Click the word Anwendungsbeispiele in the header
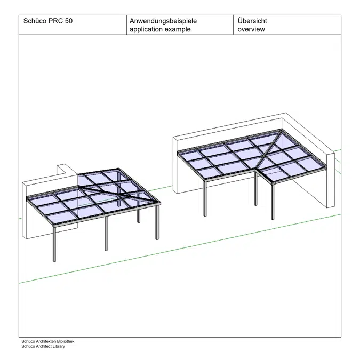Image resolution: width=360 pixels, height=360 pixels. (x=163, y=21)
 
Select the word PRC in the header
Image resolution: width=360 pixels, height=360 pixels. (x=55, y=21)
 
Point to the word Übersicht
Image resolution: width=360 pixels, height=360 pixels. (x=252, y=21)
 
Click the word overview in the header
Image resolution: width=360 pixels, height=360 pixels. (x=251, y=29)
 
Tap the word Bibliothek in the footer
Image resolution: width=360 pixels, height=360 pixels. (x=66, y=341)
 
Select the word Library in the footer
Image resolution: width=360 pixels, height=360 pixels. (x=59, y=346)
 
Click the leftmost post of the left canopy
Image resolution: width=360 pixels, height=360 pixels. (x=54, y=244)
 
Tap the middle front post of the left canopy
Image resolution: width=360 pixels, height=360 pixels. (x=106, y=233)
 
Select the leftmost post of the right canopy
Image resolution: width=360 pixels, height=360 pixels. (x=205, y=198)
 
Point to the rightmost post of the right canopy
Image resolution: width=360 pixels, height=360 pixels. (x=273, y=202)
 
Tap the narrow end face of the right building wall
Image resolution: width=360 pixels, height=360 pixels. (x=331, y=180)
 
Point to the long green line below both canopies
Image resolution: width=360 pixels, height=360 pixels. (x=180, y=249)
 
